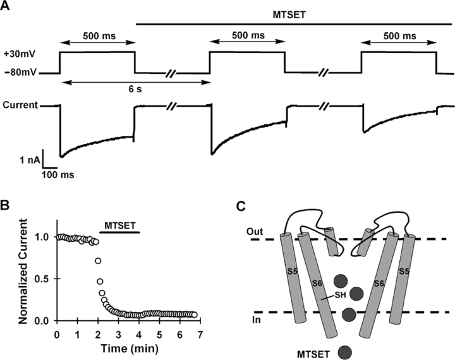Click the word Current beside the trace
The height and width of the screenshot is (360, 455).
coord(19,106)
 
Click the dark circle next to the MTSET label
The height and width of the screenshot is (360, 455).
coord(346,351)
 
